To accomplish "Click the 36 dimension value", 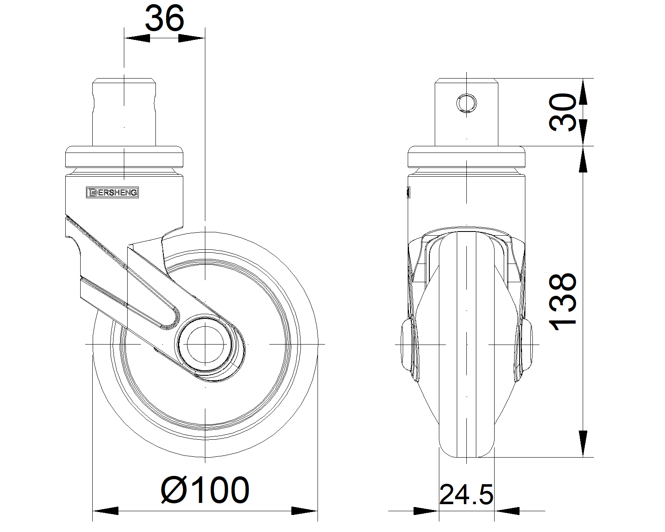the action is click(x=165, y=19).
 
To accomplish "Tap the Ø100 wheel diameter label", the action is click(x=205, y=490).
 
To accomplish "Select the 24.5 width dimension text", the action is click(x=466, y=495).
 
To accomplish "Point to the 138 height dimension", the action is click(x=562, y=302).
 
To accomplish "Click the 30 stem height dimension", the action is click(x=562, y=112).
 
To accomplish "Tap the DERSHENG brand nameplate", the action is click(x=112, y=192).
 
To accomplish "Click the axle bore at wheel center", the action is click(x=205, y=344).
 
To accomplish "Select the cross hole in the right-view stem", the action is click(x=466, y=103).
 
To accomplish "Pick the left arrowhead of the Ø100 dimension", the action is click(x=106, y=511).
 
